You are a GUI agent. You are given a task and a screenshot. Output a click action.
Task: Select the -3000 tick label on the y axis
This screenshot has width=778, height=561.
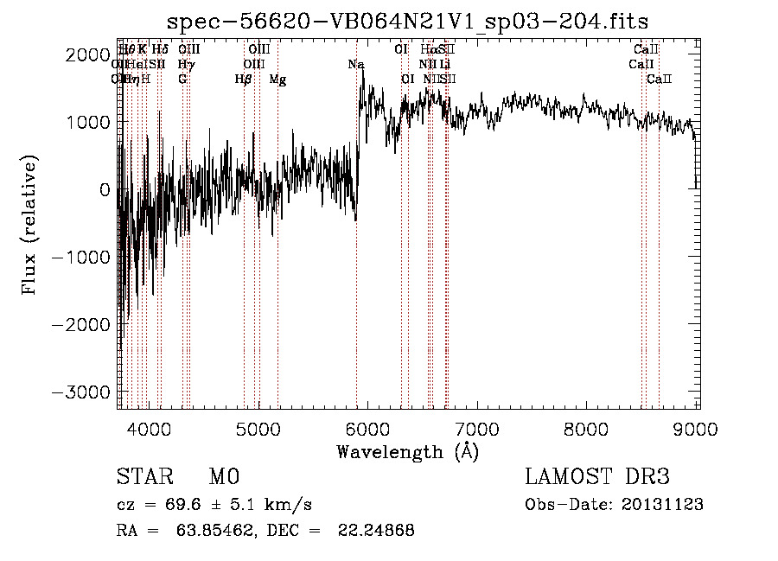80,392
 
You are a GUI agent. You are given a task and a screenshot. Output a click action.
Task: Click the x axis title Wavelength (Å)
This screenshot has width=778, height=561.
408,451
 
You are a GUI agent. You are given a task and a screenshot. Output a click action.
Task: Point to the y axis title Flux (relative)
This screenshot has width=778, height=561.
31,225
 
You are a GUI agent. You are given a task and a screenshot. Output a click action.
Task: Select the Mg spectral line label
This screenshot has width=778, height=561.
277,80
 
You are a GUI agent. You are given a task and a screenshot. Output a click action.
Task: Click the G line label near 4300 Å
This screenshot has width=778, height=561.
182,80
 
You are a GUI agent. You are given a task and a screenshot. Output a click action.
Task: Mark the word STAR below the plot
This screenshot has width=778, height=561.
143,477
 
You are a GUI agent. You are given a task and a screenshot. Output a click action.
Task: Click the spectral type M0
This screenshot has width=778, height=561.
223,477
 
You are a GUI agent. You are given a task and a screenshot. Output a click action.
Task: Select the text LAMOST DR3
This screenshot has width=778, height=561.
597,477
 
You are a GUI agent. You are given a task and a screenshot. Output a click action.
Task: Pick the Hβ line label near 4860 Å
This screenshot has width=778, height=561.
243,80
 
